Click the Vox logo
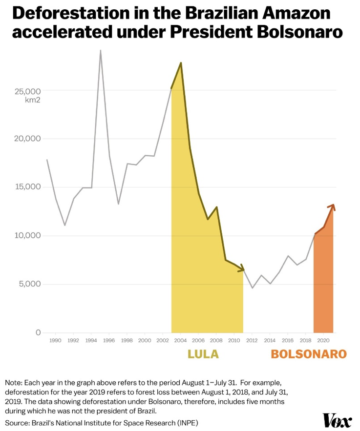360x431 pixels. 337,420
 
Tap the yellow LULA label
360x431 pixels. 203,354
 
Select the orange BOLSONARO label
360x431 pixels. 309,354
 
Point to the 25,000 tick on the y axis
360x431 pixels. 29,91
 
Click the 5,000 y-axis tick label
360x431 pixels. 30,284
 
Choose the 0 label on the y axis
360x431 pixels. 38,332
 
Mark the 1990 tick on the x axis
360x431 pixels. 55,340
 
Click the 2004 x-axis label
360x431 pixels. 180,340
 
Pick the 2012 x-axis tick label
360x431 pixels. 252,340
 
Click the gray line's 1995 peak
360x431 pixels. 100,50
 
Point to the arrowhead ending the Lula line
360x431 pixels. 241,268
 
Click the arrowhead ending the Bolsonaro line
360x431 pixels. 332,206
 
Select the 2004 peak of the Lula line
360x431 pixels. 181,63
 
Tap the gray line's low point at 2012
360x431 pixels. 252,288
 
